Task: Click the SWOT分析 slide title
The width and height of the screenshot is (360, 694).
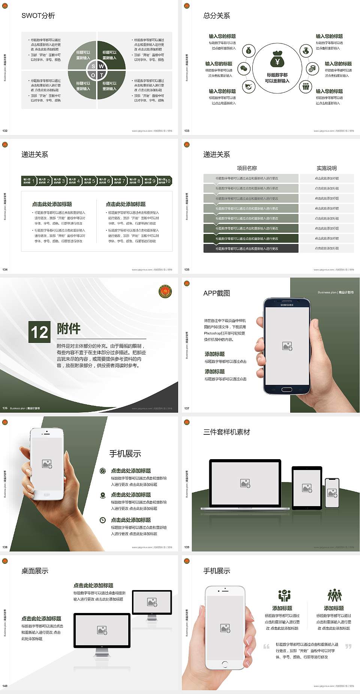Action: coord(38,16)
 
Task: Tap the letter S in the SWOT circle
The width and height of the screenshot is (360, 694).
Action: coord(93,66)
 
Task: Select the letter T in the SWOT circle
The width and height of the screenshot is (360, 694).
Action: coord(101,75)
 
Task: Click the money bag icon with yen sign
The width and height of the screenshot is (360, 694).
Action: coord(277,59)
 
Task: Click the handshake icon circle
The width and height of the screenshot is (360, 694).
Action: coord(249,87)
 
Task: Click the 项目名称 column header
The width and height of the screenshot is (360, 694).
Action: coord(247,168)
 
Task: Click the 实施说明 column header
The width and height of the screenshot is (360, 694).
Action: coord(326,168)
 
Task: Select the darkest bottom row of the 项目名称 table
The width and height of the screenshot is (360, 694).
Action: coord(251,248)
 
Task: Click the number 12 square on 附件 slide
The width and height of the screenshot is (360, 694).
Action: coord(39,332)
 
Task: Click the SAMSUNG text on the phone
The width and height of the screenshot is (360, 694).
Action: coord(287,305)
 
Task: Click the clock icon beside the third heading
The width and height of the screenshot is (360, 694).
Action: coord(103,520)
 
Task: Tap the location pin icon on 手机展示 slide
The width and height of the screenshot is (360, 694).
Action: coord(103,495)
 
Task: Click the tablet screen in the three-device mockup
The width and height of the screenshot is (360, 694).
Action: coord(307,488)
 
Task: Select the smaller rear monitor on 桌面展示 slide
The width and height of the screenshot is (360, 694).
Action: coord(152,602)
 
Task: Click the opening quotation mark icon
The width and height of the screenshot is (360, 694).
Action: coord(266,646)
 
